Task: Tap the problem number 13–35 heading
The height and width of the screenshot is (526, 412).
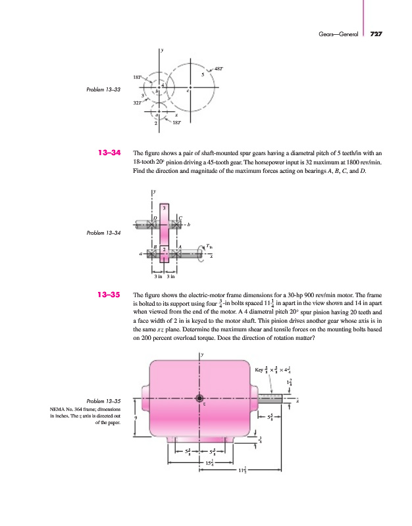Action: tap(109, 295)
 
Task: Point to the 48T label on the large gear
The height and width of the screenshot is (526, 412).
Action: tap(219, 68)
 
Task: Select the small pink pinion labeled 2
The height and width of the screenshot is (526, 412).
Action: tap(164, 254)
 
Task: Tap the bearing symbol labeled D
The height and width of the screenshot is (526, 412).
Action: tap(153, 224)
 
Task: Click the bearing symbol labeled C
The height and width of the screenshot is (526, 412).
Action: tap(176, 224)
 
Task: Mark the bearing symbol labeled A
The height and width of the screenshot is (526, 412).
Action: tap(176, 253)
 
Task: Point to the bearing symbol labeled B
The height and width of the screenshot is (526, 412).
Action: tap(153, 253)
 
